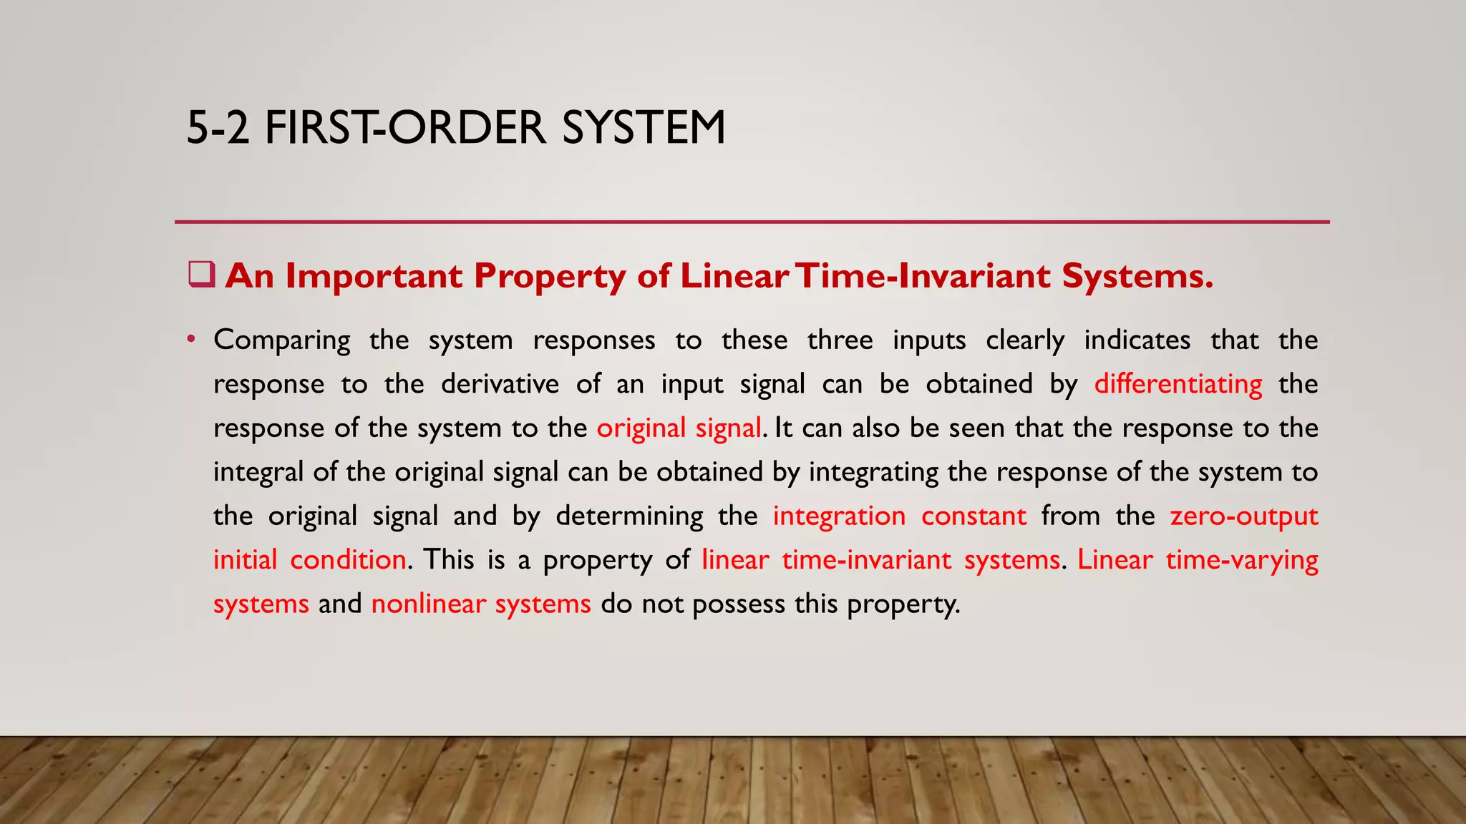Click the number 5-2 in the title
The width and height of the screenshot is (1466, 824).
pyautogui.click(x=218, y=128)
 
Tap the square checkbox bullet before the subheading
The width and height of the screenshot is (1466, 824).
pyautogui.click(x=201, y=275)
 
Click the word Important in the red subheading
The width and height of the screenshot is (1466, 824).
pyautogui.click(x=374, y=276)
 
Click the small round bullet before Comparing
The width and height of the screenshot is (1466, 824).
pyautogui.click(x=190, y=338)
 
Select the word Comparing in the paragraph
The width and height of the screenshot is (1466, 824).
pyautogui.click(x=282, y=340)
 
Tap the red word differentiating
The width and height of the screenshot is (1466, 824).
pyautogui.click(x=1178, y=384)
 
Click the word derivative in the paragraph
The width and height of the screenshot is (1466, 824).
pyautogui.click(x=500, y=384)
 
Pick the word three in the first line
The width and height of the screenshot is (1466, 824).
pyautogui.click(x=840, y=340)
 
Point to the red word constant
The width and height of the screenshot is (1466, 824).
pyautogui.click(x=974, y=516)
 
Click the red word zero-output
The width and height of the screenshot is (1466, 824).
pyautogui.click(x=1244, y=516)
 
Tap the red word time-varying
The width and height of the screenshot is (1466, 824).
pyautogui.click(x=1241, y=560)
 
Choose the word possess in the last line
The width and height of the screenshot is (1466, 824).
pyautogui.click(x=739, y=604)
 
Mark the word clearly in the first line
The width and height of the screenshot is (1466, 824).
pyautogui.click(x=1025, y=340)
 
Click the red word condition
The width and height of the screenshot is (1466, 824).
pyautogui.click(x=348, y=559)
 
